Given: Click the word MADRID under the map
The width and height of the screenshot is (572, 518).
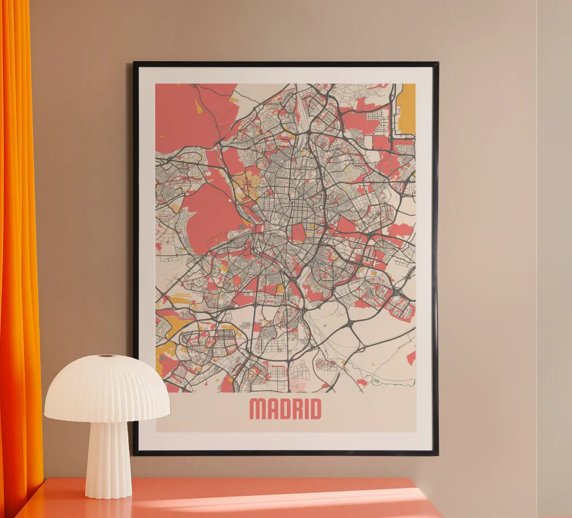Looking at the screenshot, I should pos(285,409).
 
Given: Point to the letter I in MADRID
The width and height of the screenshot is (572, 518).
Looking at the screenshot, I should pos(303,409).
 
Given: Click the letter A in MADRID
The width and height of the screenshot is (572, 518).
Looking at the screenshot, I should pos(270,409).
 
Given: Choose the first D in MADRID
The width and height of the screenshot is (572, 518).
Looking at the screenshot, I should pos(282,409).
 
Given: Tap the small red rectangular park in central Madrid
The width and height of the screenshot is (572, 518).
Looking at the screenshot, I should pos(298,233).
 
